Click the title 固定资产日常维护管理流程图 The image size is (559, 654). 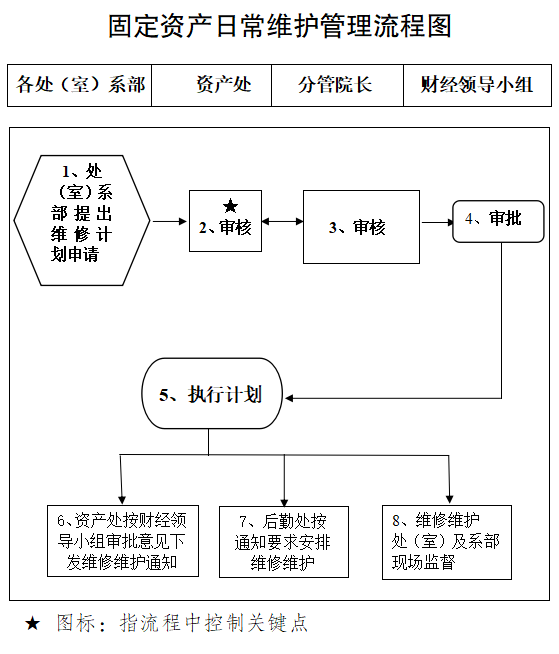click(x=279, y=26)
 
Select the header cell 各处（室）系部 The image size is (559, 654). click(x=81, y=85)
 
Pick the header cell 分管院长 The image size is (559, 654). click(x=335, y=85)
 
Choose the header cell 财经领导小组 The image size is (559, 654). click(x=477, y=85)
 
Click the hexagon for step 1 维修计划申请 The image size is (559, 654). click(x=82, y=214)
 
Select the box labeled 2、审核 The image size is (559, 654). click(x=225, y=221)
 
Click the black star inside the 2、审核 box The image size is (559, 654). click(x=230, y=206)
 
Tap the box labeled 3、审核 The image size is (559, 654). click(x=357, y=227)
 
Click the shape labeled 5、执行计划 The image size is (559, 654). click(x=211, y=394)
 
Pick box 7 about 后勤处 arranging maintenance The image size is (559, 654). click(x=283, y=541)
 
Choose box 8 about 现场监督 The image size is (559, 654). click(x=447, y=541)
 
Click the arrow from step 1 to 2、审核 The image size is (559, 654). click(x=169, y=221)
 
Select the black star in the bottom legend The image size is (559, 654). click(x=33, y=624)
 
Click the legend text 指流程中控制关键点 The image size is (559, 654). click(x=214, y=623)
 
